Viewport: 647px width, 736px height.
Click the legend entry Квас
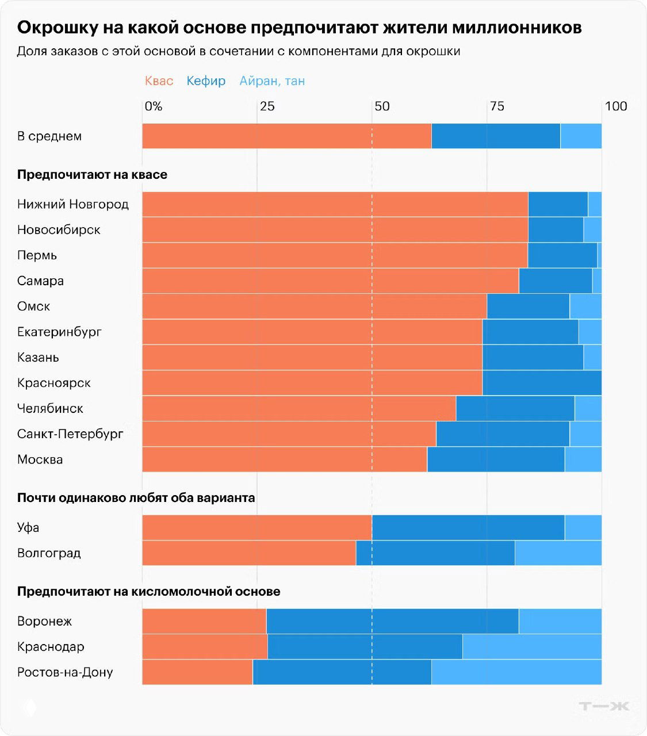[x=159, y=81]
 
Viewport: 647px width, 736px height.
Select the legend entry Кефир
[x=206, y=81]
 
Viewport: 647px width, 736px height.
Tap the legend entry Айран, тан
[x=272, y=81]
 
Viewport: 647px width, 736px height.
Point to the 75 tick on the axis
[x=496, y=106]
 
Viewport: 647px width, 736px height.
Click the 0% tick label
[x=153, y=106]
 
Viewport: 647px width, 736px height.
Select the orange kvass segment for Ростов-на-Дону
[x=197, y=672]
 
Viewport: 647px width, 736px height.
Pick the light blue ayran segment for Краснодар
[x=532, y=646]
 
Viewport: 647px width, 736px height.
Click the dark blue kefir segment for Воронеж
[x=392, y=621]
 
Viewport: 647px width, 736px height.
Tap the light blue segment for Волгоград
[x=558, y=553]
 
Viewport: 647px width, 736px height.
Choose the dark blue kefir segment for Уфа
[x=468, y=527]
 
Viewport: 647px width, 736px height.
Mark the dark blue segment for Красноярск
[x=542, y=383]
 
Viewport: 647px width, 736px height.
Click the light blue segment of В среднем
[x=581, y=136]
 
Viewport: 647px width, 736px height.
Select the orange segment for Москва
[x=285, y=459]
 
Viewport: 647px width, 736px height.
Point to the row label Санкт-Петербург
[x=70, y=434]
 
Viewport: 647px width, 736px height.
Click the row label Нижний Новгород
[x=73, y=204]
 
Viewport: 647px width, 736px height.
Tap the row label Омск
[x=33, y=306]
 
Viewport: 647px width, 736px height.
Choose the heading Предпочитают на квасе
[x=92, y=174]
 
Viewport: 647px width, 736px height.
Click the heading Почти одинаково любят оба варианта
[x=136, y=497]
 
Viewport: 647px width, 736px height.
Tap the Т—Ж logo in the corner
[x=604, y=706]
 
